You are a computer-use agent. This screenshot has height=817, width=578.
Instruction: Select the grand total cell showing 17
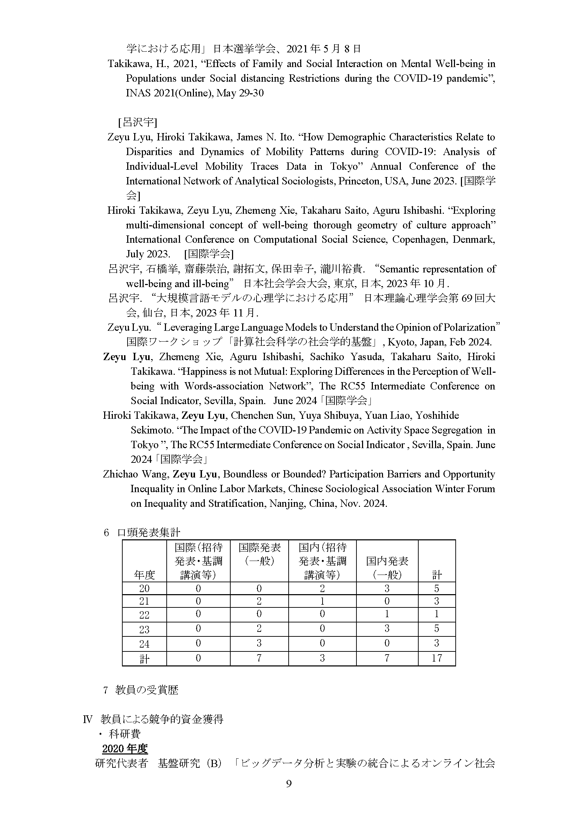(437, 658)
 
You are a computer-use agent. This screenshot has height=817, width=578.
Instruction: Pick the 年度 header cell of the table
(144, 574)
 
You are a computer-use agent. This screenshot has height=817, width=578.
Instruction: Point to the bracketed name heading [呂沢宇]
(137, 122)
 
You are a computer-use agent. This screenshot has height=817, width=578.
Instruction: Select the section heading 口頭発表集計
(149, 532)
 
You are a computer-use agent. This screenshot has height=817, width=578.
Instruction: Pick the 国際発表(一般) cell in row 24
(259, 643)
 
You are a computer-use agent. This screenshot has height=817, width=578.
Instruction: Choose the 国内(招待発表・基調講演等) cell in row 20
(322, 588)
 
